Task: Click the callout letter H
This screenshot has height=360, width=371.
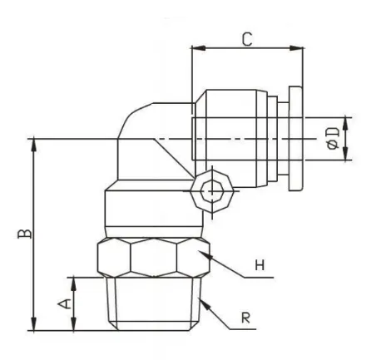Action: [260, 268]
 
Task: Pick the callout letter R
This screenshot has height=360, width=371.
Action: [245, 318]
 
